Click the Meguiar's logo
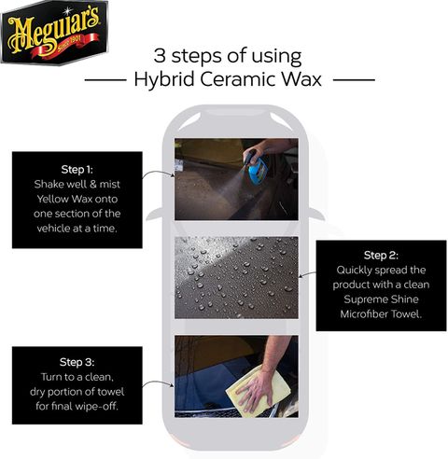(x=55, y=32)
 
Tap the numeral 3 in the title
(x=160, y=56)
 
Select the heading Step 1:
(x=77, y=170)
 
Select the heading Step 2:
(x=381, y=256)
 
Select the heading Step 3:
(x=77, y=362)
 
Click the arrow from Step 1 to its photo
(x=158, y=172)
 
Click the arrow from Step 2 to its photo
(x=307, y=274)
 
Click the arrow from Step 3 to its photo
(x=158, y=382)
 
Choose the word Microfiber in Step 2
(x=364, y=313)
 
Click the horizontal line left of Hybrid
(x=105, y=80)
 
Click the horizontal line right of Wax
(x=354, y=80)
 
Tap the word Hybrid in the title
(x=164, y=80)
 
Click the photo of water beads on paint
(x=236, y=278)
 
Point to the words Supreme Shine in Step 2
(x=381, y=299)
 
